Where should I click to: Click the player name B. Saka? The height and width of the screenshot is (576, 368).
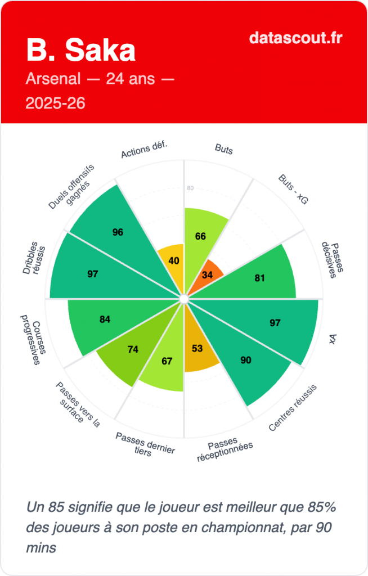tap(80, 51)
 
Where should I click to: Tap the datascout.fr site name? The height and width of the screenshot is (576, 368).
tap(295, 38)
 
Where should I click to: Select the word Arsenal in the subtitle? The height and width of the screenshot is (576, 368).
tap(53, 79)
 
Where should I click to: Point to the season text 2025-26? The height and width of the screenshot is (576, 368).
tap(56, 103)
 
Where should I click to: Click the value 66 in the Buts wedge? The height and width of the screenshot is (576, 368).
tap(200, 236)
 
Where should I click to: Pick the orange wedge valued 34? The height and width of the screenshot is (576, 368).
tap(207, 275)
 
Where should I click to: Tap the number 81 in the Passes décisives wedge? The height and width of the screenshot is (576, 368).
tap(259, 277)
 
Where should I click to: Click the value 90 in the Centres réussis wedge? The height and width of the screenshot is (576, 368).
tap(246, 360)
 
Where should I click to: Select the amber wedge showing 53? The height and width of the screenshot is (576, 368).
tap(197, 349)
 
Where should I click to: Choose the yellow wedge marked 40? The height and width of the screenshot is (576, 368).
tap(174, 261)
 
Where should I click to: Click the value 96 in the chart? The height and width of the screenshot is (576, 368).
tap(118, 232)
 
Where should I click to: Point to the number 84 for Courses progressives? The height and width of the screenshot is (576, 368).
tap(105, 319)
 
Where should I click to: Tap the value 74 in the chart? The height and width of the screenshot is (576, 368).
tap(133, 349)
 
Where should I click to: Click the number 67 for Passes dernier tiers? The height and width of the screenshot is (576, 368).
tap(167, 361)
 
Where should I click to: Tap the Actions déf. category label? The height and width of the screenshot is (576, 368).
tap(145, 151)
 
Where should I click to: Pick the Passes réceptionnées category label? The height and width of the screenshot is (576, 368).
tap(225, 450)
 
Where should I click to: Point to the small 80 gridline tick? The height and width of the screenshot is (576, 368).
tap(190, 188)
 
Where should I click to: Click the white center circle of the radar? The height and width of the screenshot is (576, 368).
tap(183, 299)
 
